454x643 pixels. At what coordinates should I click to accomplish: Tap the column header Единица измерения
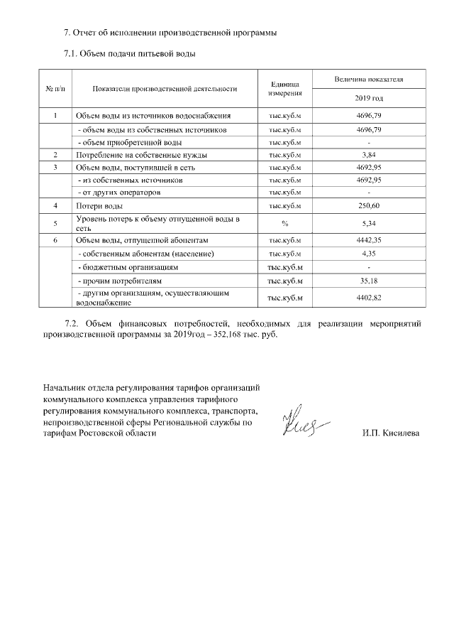point(286,88)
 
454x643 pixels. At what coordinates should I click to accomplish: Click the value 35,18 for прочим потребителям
point(369,281)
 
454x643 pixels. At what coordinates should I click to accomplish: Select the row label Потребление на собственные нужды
point(141,154)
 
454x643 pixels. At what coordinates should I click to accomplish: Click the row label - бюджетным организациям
point(127,267)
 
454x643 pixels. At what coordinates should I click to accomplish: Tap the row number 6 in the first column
point(56,241)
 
